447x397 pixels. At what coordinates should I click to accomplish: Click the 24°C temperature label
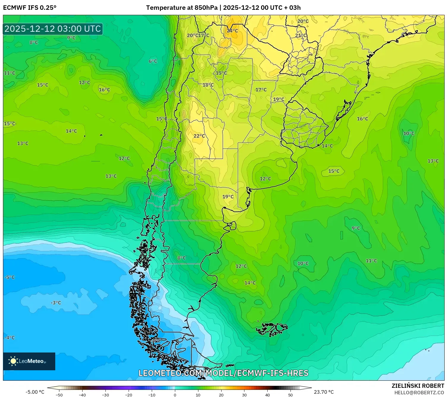pos(232,31)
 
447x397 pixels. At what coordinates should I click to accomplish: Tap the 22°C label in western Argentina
pos(199,136)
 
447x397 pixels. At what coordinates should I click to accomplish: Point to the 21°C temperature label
pos(301,35)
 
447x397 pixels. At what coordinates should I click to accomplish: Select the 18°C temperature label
pos(208,85)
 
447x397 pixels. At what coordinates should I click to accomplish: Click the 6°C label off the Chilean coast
pos(153,61)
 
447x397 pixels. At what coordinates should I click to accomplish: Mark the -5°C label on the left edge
pos(10,277)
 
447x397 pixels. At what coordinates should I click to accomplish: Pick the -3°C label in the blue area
pos(56,303)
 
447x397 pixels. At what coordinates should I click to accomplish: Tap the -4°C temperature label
pos(10,338)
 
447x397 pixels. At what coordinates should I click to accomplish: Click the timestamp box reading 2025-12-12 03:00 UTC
pos(53,29)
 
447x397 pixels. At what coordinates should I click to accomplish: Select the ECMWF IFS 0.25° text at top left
pos(30,8)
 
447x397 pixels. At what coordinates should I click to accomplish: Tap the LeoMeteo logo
pos(29,361)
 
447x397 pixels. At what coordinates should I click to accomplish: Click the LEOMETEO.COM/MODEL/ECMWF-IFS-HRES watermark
pos(223,373)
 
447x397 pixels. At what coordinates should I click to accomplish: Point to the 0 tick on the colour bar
pos(175,395)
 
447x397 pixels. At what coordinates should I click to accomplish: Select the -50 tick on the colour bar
pos(59,395)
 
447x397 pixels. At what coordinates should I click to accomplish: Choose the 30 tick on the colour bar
pos(244,395)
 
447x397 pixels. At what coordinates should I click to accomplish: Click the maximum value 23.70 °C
pos(324,392)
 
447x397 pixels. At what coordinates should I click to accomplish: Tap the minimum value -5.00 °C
pos(35,392)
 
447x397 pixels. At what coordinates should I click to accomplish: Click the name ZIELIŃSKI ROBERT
pos(418,386)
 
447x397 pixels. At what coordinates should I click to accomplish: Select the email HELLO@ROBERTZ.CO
pos(419,393)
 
